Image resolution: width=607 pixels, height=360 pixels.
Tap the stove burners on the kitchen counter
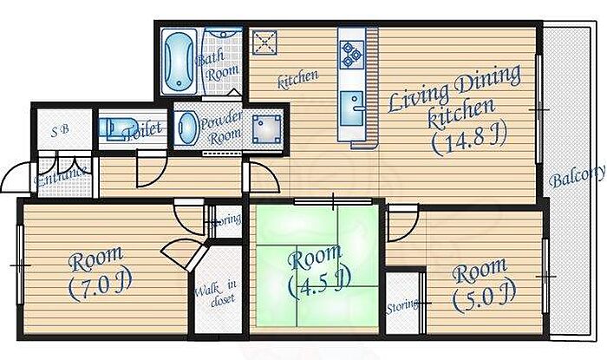click(352, 54)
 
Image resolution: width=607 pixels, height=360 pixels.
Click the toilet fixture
click(117, 128)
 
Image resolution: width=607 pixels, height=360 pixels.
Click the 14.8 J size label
click(463, 136)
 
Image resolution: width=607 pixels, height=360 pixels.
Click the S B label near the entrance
click(61, 133)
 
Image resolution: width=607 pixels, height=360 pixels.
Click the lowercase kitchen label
click(297, 79)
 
